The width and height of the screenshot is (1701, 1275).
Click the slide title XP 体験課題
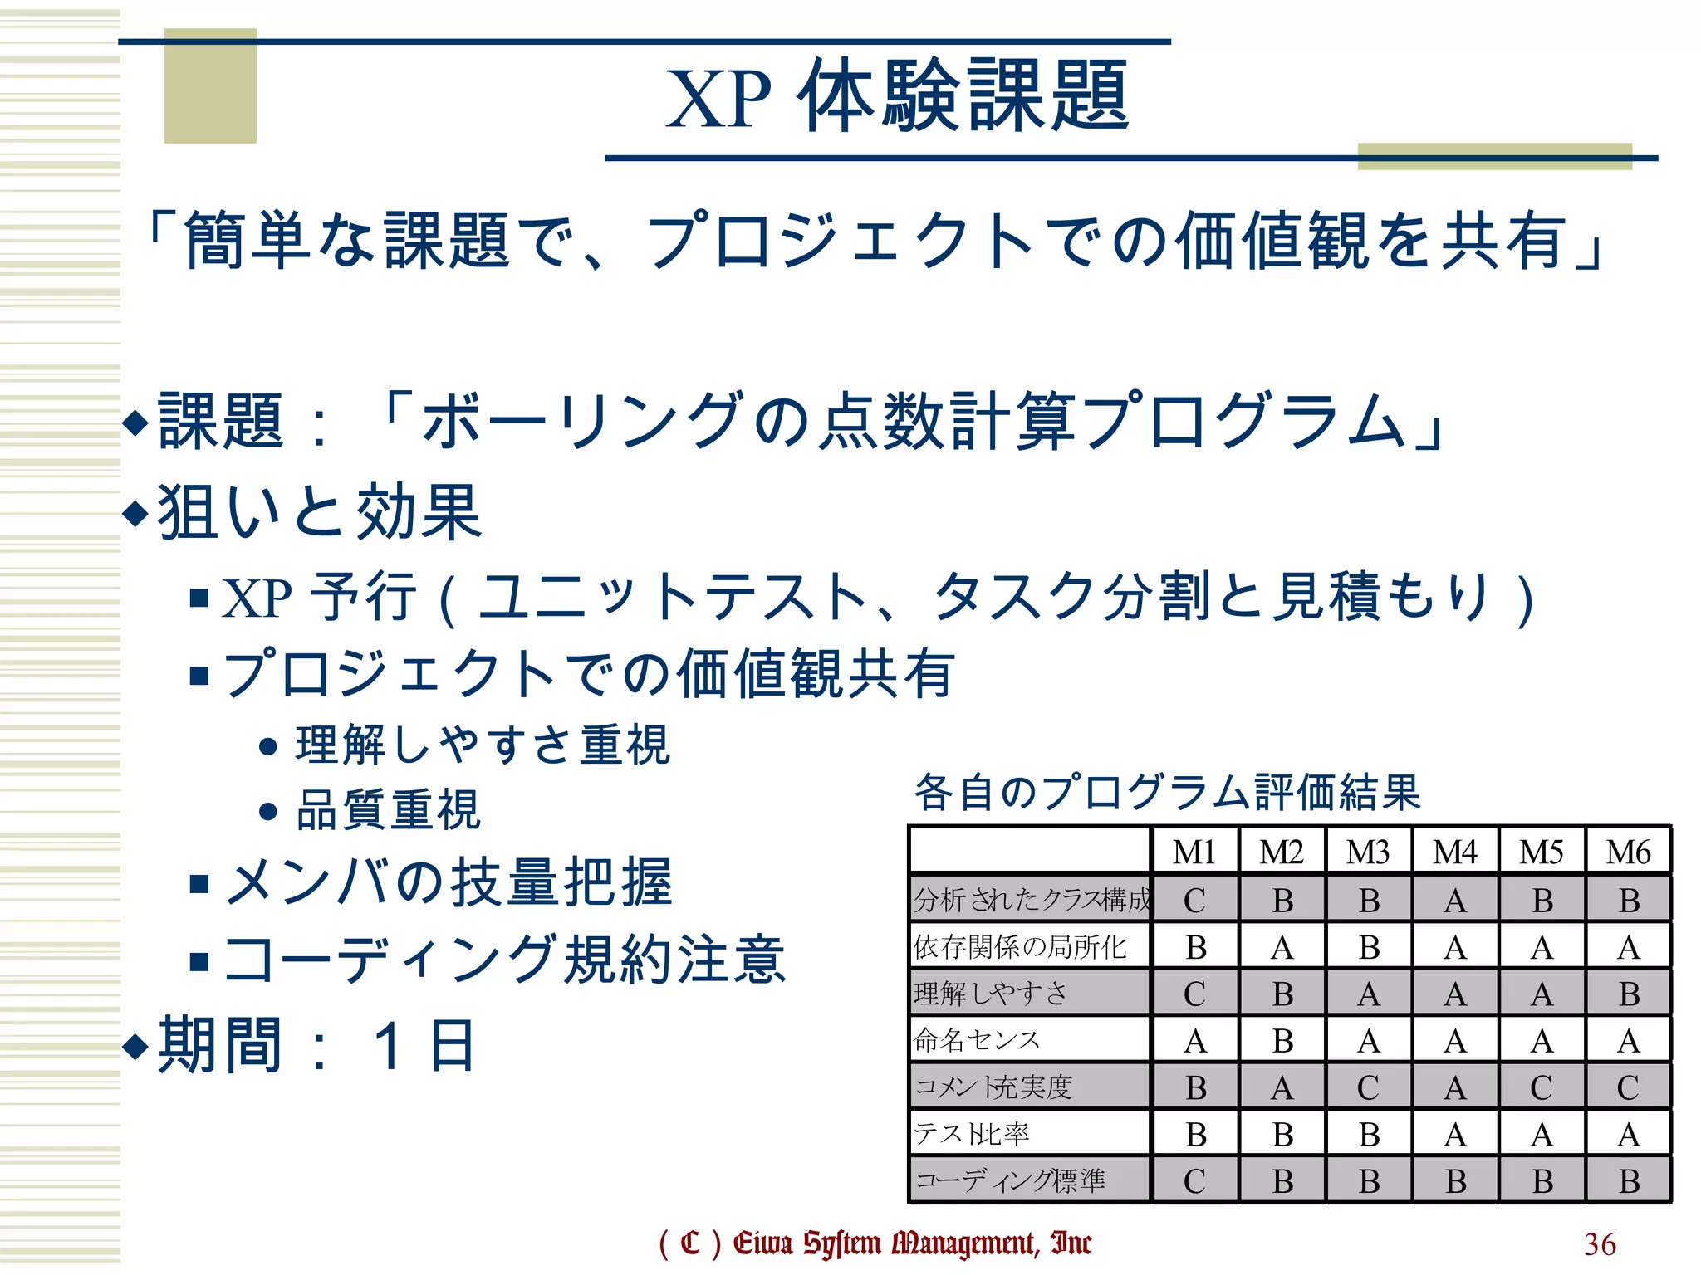(897, 96)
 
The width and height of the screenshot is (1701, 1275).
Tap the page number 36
(1600, 1243)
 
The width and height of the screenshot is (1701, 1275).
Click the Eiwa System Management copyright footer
(875, 1243)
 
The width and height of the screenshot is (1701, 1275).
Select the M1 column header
(1194, 852)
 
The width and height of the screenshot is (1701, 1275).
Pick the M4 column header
(1455, 852)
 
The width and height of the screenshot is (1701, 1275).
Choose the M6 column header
(1628, 852)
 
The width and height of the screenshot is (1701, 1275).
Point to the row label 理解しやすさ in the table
(990, 993)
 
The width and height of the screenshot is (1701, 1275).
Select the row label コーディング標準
(1010, 1180)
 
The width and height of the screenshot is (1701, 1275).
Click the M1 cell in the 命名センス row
(1194, 1040)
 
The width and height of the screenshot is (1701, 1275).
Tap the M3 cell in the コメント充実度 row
(1368, 1087)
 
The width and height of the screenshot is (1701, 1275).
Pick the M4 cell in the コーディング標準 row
(1455, 1180)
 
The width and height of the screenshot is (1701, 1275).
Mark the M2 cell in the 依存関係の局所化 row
(1282, 947)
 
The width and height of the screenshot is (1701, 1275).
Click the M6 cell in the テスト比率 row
(1628, 1134)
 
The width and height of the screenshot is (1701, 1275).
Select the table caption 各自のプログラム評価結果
(1167, 792)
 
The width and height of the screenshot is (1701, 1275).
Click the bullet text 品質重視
(388, 810)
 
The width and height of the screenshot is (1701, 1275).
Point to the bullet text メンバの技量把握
(449, 882)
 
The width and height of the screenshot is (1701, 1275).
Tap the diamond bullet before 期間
(135, 1046)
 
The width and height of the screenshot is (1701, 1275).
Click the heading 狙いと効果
(320, 511)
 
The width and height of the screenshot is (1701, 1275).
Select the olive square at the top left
(210, 86)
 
